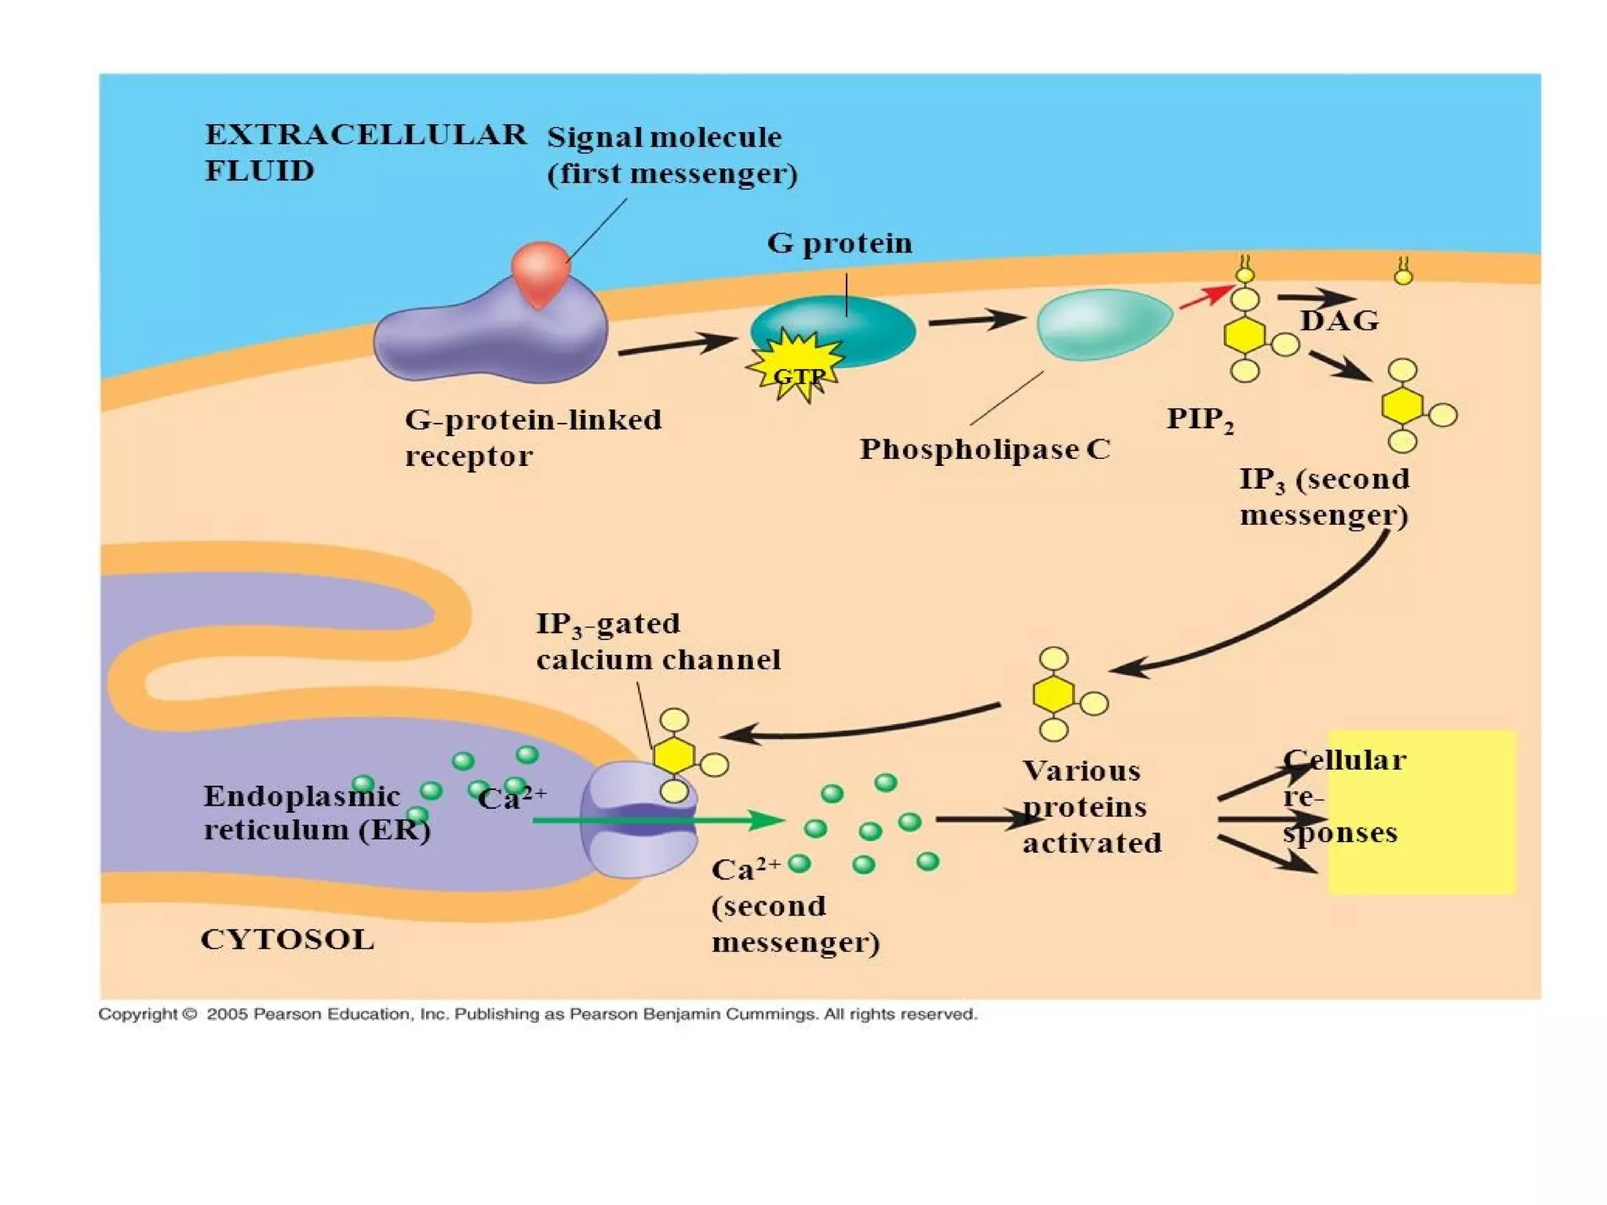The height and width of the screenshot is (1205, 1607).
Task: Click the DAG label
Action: [1339, 321]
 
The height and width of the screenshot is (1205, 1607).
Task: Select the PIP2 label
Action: [1199, 419]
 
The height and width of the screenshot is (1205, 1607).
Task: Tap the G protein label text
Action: [840, 243]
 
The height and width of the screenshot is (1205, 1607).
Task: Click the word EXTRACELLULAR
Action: [366, 135]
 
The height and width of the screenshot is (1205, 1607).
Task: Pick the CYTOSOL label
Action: [288, 939]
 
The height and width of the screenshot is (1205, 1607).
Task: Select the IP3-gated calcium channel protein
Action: [637, 820]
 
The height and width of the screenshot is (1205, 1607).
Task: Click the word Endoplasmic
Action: [301, 796]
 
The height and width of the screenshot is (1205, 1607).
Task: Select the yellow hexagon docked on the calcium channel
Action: [674, 755]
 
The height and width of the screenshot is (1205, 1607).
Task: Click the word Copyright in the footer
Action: [137, 1014]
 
